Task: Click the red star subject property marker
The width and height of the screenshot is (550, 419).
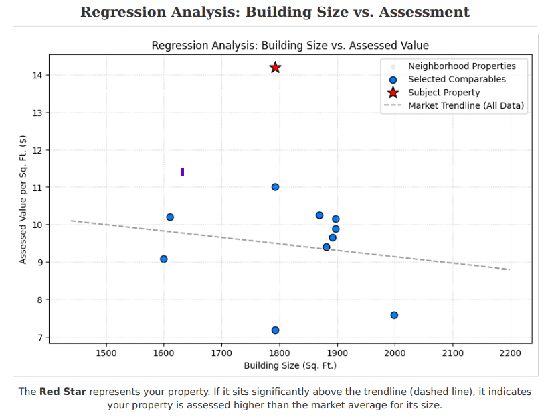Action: tap(275, 68)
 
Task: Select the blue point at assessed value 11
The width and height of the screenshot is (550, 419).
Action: tap(275, 187)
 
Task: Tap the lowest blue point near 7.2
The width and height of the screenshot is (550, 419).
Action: tap(275, 330)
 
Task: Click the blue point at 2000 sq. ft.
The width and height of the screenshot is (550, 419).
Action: tap(394, 315)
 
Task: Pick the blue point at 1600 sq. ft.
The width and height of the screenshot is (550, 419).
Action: tap(164, 259)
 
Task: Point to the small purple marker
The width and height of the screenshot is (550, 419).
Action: tap(183, 172)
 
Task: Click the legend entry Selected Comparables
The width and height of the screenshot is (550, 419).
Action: tap(456, 79)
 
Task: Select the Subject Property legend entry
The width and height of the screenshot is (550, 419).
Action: tap(444, 93)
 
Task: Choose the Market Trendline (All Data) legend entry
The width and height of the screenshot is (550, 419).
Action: tap(466, 105)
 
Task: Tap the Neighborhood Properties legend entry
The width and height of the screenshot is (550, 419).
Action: tap(462, 66)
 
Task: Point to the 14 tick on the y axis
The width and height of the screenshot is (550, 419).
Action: tap(37, 76)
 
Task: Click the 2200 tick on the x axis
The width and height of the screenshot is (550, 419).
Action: tap(511, 353)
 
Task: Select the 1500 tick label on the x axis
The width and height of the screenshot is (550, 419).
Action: tap(106, 353)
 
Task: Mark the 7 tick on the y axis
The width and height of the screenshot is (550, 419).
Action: tap(40, 337)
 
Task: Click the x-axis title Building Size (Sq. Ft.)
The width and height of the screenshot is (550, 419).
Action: tap(290, 365)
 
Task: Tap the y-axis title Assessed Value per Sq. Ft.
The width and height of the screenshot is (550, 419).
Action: tap(23, 199)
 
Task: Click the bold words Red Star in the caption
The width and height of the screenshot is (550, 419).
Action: tap(63, 392)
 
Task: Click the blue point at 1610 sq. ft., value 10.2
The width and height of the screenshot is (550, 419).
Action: tap(170, 217)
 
